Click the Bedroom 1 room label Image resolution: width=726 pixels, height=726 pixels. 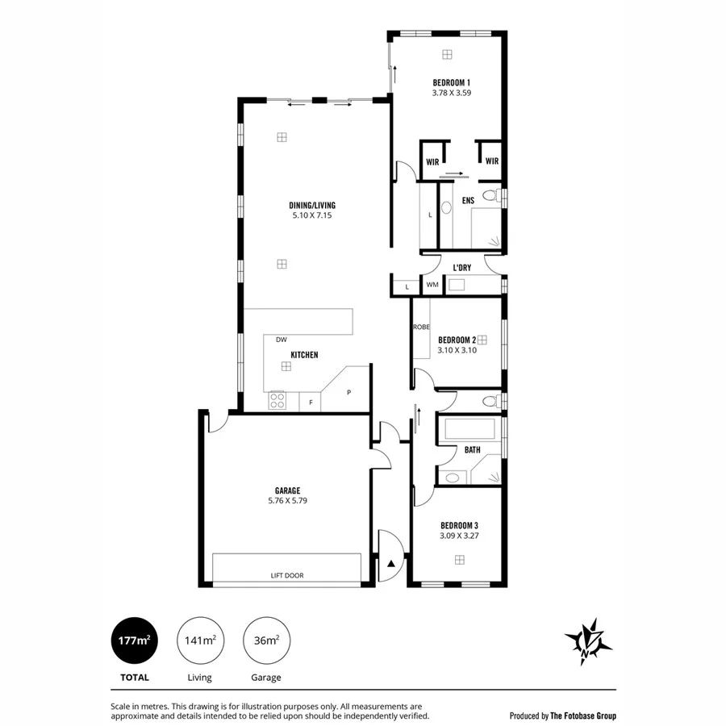pyautogui.click(x=451, y=82)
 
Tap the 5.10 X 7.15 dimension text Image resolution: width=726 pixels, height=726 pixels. pyautogui.click(x=312, y=215)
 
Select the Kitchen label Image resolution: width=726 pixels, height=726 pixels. pyautogui.click(x=304, y=355)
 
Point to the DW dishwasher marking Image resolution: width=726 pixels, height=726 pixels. pyautogui.click(x=281, y=340)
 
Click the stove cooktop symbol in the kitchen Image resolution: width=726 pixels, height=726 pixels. pyautogui.click(x=277, y=400)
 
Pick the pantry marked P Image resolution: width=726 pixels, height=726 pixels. pyautogui.click(x=348, y=392)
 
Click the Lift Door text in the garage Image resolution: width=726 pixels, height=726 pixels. pyautogui.click(x=287, y=575)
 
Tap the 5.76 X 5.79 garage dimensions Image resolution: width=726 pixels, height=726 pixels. pyautogui.click(x=287, y=500)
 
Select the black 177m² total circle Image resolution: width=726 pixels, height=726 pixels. pyautogui.click(x=135, y=640)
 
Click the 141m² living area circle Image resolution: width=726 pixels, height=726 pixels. pyautogui.click(x=199, y=640)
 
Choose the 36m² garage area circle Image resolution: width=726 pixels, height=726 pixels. pyautogui.click(x=267, y=640)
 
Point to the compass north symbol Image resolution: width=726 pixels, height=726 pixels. pyautogui.click(x=588, y=641)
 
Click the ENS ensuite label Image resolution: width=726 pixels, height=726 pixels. pyautogui.click(x=467, y=200)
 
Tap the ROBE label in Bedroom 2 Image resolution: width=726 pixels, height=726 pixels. pyautogui.click(x=420, y=327)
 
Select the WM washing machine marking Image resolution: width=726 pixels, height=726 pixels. pyautogui.click(x=432, y=285)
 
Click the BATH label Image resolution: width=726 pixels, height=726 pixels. pyautogui.click(x=472, y=450)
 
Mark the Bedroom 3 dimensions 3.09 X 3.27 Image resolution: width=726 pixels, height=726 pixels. pyautogui.click(x=459, y=535)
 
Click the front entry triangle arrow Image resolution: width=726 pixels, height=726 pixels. pyautogui.click(x=391, y=563)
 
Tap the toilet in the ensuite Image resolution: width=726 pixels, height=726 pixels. pyautogui.click(x=490, y=196)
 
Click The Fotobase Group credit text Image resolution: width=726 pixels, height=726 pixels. pyautogui.click(x=563, y=716)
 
